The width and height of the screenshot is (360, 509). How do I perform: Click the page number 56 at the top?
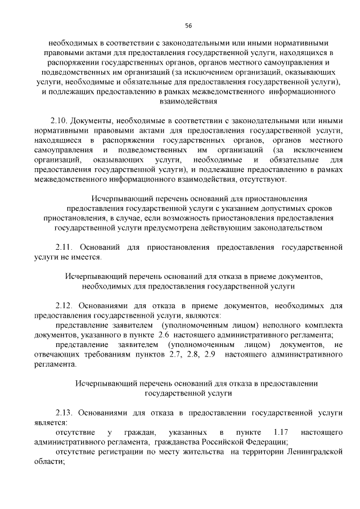[x=188, y=26]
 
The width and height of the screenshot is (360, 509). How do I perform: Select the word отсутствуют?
[x=264, y=179]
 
